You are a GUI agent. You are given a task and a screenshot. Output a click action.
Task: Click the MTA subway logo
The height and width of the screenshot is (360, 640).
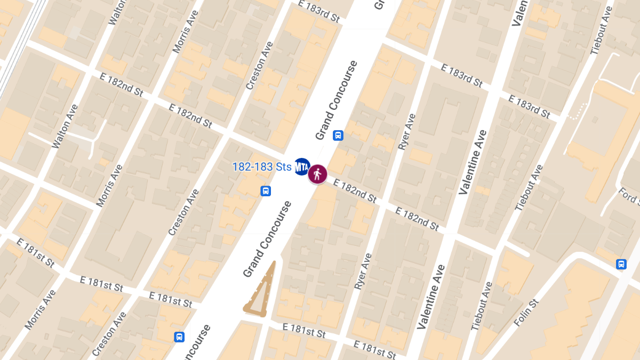[302, 167]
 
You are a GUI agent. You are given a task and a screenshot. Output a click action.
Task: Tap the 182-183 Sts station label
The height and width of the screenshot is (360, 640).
[262, 167]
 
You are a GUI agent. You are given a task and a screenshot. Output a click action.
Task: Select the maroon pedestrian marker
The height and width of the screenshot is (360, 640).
[318, 174]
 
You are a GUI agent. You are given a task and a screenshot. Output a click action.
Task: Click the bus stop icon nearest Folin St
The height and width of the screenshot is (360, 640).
[621, 264]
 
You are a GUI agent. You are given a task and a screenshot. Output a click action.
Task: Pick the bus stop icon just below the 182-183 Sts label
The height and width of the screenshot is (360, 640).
[266, 191]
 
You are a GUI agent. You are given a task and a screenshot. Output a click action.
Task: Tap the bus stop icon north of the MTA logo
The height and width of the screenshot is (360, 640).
[338, 135]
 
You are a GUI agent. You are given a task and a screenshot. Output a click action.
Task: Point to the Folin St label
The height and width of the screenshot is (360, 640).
[527, 314]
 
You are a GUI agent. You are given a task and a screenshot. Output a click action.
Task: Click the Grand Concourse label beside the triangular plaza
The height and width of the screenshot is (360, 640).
[268, 239]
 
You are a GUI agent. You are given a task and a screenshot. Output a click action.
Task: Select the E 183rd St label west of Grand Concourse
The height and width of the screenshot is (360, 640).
[319, 11]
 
